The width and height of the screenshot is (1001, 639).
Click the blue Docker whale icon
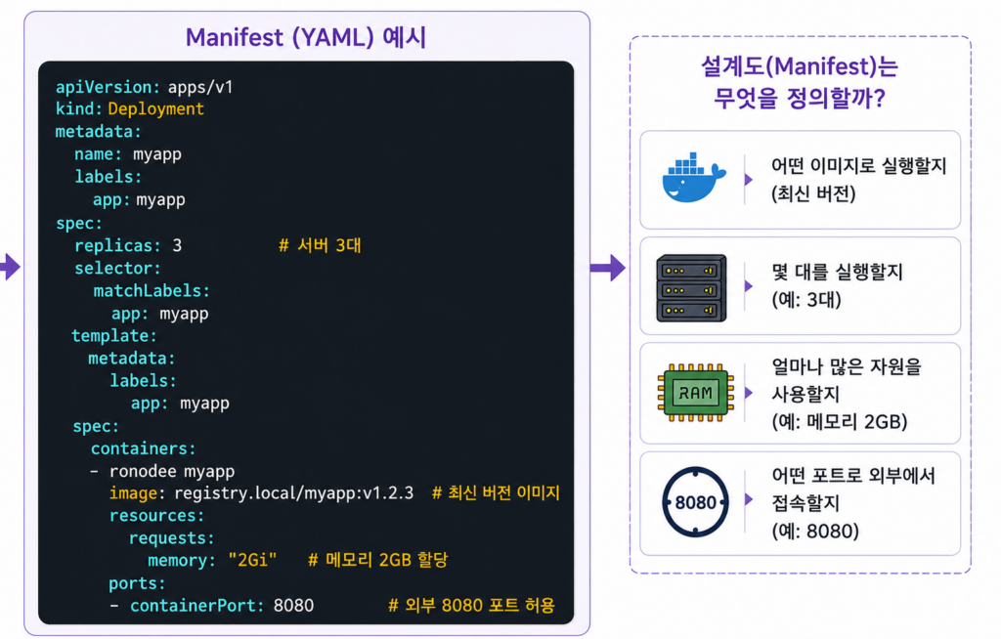coord(694,178)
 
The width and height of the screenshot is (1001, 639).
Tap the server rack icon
coord(691,288)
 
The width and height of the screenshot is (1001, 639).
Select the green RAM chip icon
coord(695,393)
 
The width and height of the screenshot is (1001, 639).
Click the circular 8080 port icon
coord(695,502)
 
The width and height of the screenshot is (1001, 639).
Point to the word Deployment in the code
coord(155,109)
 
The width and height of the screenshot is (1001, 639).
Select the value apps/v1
coord(200,87)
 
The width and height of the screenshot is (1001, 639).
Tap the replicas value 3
coord(177,246)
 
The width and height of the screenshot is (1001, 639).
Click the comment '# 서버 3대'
coord(320,245)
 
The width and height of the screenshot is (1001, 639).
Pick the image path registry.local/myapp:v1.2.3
coord(293,493)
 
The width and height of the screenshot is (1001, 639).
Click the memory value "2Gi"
coord(253,561)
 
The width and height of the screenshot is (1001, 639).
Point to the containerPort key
coord(196,606)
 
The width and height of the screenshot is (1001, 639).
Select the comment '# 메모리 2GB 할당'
coord(378,560)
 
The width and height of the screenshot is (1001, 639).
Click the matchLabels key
coord(152,291)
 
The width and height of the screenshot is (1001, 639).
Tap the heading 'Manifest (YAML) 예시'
coord(306,38)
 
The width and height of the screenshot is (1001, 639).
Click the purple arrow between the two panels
coord(607,268)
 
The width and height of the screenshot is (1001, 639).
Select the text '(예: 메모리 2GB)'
coord(840,422)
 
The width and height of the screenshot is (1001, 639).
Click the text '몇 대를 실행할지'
coord(837,273)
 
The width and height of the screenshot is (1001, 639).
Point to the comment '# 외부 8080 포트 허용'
coord(472,605)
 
